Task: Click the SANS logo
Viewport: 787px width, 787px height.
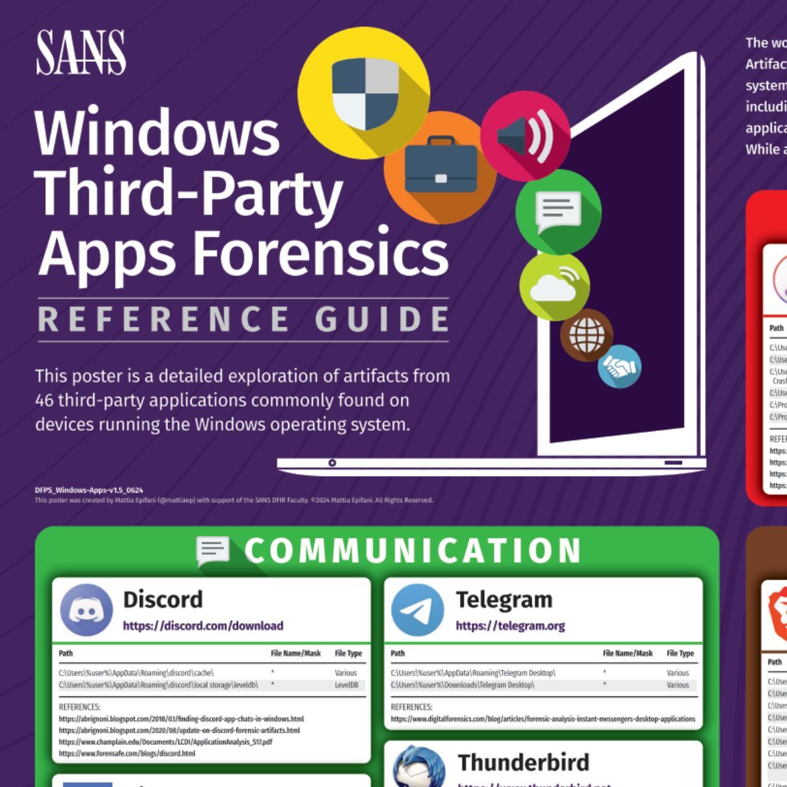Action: [81, 52]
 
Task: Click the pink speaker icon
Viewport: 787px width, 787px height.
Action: [525, 136]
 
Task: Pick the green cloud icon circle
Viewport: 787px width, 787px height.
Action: [554, 284]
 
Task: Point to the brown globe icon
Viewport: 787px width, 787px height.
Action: [586, 334]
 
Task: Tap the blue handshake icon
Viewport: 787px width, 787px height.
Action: [619, 367]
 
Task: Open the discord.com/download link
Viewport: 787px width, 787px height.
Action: [203, 626]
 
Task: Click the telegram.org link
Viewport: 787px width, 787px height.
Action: [510, 626]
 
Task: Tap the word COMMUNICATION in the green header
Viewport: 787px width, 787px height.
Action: [413, 551]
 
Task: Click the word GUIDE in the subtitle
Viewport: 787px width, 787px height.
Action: [382, 319]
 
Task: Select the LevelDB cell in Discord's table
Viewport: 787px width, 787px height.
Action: [346, 685]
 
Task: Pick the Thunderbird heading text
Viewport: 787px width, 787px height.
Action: [523, 763]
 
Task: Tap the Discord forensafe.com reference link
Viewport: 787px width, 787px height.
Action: [127, 754]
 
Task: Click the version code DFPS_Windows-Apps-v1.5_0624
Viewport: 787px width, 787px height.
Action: [89, 490]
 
